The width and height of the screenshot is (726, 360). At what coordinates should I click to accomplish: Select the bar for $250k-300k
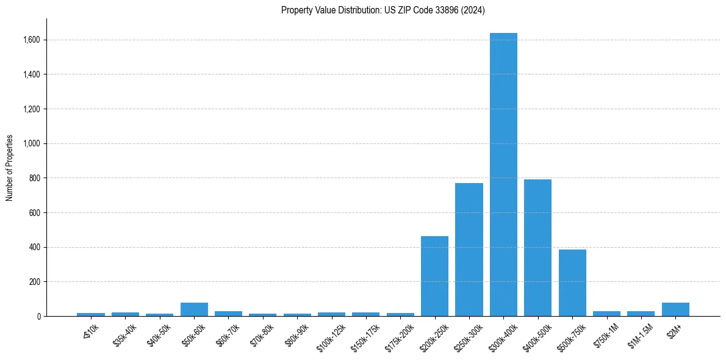coord(469,250)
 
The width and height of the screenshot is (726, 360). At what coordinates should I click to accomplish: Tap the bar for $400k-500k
coord(537,248)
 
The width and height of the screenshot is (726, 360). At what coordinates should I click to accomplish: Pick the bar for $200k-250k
coord(434,276)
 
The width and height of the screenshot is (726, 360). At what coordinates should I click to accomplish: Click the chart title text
coord(383,10)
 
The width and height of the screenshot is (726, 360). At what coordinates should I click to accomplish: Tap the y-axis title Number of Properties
coord(10,168)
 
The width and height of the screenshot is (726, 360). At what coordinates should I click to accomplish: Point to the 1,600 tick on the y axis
coord(32,40)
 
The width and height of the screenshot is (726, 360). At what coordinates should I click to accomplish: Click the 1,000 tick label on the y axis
coord(32,143)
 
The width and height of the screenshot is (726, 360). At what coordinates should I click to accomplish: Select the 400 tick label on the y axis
coord(35,247)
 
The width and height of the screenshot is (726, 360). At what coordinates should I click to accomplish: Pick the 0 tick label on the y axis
coord(38,316)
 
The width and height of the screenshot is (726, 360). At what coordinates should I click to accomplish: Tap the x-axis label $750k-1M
coord(606,333)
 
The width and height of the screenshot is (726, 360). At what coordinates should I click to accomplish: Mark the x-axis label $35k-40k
coord(124,333)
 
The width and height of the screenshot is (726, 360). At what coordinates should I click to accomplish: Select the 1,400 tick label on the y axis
coord(32,74)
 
